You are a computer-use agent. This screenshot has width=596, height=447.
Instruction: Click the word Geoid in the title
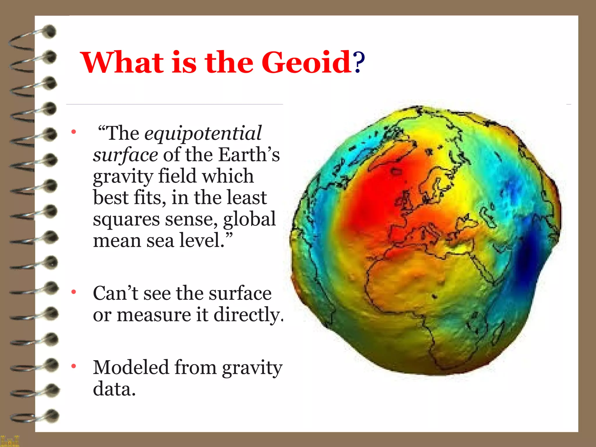306,63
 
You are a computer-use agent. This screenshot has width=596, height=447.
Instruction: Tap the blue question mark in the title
359,63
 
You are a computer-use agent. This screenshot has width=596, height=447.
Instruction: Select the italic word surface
125,155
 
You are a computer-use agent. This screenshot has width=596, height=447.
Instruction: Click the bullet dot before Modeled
74,366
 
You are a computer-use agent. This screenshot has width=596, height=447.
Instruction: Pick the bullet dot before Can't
74,292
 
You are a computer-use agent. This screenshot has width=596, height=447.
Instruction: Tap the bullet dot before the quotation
74,132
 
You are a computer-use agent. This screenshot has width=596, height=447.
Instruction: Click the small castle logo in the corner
10,441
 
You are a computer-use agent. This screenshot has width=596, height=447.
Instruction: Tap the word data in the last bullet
114,389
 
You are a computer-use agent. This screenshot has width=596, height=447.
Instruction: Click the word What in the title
122,63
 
